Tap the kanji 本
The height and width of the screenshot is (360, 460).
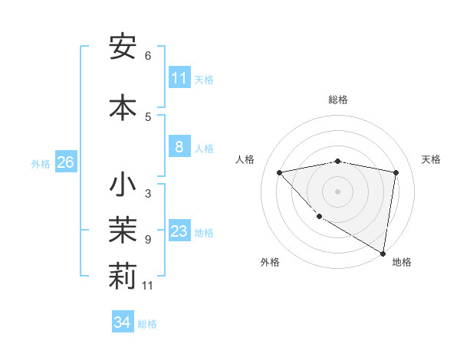pyautogui.click(x=123, y=107)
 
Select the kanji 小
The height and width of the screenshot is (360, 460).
pyautogui.click(x=123, y=185)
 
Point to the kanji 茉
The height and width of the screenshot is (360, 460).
pyautogui.click(x=123, y=231)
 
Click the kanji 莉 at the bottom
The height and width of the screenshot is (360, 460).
pyautogui.click(x=123, y=277)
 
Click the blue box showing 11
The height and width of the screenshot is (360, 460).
pyautogui.click(x=179, y=78)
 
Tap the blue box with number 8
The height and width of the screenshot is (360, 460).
pyautogui.click(x=179, y=148)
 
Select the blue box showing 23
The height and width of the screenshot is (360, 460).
pyautogui.click(x=179, y=232)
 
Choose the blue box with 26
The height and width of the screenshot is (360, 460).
pyautogui.click(x=65, y=163)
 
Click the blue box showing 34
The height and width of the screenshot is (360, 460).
pyautogui.click(x=122, y=322)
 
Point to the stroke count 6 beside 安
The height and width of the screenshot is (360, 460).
pyautogui.click(x=148, y=55)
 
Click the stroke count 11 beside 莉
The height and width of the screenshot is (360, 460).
pyautogui.click(x=148, y=286)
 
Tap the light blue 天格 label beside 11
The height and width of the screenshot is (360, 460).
pyautogui.click(x=204, y=79)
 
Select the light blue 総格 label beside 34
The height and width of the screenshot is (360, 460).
pyautogui.click(x=147, y=323)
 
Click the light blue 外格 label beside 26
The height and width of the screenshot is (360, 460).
pyautogui.click(x=41, y=164)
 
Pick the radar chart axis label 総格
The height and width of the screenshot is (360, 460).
pyautogui.click(x=338, y=100)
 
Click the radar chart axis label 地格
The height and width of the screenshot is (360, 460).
pyautogui.click(x=402, y=262)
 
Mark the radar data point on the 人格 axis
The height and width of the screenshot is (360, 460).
pyautogui.click(x=279, y=172)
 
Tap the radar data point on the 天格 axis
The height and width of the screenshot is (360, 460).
pyautogui.click(x=396, y=172)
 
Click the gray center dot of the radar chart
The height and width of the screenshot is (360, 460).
pyautogui.click(x=338, y=191)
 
